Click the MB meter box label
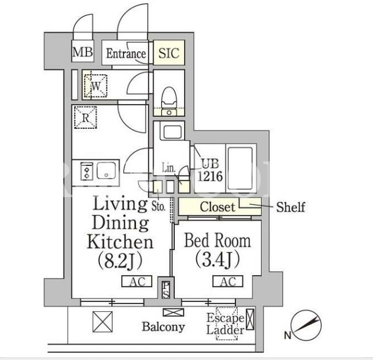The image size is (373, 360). tap(82, 52)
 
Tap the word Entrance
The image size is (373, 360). tap(126, 54)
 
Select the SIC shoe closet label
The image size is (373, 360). tap(169, 53)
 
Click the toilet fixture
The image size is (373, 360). tap(169, 101)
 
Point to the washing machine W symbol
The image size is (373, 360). tap(96, 86)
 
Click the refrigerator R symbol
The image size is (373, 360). tap(85, 118)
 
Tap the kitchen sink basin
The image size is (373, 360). tap(106, 171)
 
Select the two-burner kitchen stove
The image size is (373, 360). tap(86, 171)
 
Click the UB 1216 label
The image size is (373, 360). tap(210, 170)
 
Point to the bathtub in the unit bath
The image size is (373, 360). tap(240, 168)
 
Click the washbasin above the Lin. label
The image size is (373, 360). tap(172, 132)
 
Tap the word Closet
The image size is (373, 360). tap(218, 207)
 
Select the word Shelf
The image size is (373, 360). tap(291, 207)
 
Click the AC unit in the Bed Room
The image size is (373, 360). tap(228, 282)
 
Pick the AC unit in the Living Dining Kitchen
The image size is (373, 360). tap(136, 282)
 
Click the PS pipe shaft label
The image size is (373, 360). tap(166, 290)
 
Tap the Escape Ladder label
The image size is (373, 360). tap(225, 324)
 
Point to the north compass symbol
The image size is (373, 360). tap(306, 325)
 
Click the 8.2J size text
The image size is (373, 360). tap(120, 261)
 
